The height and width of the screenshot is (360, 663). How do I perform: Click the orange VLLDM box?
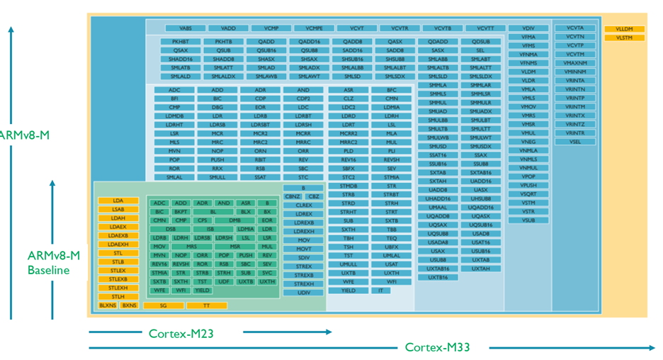click(624, 29)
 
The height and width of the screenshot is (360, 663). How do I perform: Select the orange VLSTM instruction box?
click(624, 37)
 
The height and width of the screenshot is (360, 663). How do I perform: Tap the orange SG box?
click(164, 305)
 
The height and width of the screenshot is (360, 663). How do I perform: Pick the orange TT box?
click(207, 305)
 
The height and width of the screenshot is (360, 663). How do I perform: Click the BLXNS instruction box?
click(108, 305)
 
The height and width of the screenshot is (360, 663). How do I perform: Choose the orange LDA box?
click(118, 201)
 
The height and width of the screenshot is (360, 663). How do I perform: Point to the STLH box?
click(118, 296)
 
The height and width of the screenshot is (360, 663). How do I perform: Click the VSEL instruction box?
click(575, 142)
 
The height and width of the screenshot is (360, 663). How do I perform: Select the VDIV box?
click(528, 28)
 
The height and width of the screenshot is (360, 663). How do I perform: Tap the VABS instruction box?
click(186, 28)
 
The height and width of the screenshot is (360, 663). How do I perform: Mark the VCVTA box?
click(575, 28)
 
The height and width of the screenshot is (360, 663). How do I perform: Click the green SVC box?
click(267, 273)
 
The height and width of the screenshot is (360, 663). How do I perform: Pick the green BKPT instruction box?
click(181, 212)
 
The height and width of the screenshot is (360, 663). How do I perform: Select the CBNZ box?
click(293, 196)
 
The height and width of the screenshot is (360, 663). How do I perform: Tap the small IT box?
click(381, 291)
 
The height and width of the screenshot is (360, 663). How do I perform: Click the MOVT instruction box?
click(303, 249)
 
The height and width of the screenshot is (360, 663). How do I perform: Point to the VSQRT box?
click(528, 193)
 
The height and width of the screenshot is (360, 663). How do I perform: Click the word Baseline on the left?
click(49, 270)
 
